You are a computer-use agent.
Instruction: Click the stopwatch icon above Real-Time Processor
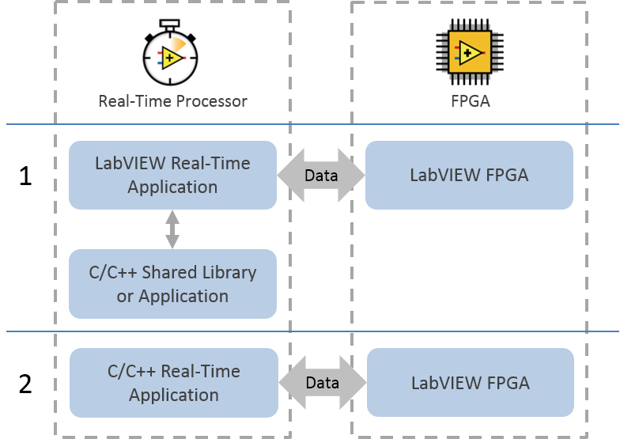click(x=170, y=55)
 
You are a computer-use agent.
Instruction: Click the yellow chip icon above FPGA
click(x=469, y=54)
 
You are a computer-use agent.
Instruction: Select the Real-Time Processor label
click(x=172, y=101)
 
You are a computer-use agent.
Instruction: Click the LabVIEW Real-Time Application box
click(x=172, y=175)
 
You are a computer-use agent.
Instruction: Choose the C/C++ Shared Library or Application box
click(x=172, y=284)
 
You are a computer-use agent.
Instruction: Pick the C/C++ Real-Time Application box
click(x=174, y=383)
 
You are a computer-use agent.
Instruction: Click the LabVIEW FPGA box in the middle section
click(x=469, y=175)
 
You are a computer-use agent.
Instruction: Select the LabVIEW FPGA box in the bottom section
click(x=471, y=383)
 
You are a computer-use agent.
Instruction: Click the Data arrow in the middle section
click(x=321, y=176)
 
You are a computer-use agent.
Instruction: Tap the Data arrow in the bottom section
click(x=322, y=383)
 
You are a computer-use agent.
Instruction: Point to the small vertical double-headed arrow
click(x=172, y=229)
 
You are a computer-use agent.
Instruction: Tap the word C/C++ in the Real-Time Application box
click(x=130, y=371)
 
